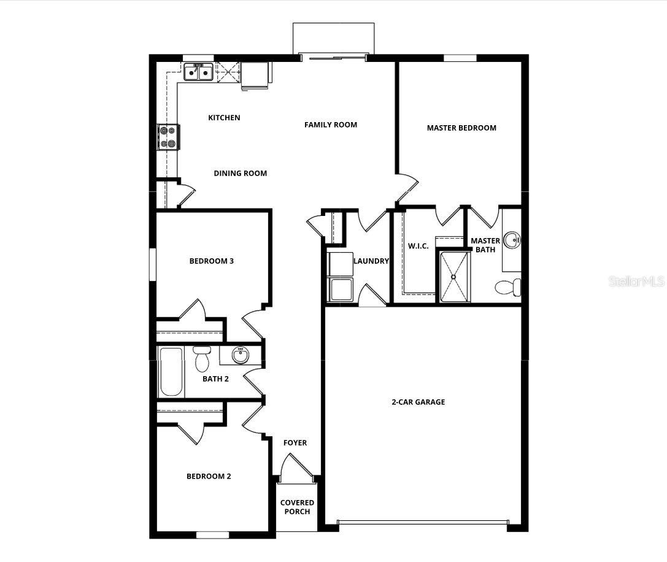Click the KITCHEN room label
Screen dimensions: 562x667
pos(224,118)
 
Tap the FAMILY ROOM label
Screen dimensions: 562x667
pos(331,125)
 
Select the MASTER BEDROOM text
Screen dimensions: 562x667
pos(461,128)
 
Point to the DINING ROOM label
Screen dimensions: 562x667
pos(240,173)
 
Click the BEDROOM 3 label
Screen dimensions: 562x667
pos(211,261)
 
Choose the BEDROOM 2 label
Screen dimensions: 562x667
pos(209,476)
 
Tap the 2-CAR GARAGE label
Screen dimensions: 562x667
pos(418,402)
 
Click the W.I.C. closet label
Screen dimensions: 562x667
pos(418,246)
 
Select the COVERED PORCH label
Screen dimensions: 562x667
pos(297,507)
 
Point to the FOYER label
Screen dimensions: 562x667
pos(295,442)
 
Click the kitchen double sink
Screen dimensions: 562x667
pos(198,72)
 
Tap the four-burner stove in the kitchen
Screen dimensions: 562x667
pos(168,137)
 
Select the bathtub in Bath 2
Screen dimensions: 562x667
pos(171,372)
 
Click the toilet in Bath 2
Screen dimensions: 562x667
pos(202,360)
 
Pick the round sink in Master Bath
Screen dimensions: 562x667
pos(512,240)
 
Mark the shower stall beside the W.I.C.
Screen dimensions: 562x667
pos(454,277)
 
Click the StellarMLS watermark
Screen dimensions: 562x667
pos(636,282)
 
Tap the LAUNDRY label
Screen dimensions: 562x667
pos(371,261)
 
